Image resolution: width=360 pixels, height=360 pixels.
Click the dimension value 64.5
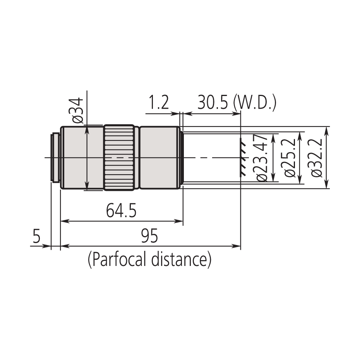point(121,211)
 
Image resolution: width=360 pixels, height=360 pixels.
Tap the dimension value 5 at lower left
point(36,236)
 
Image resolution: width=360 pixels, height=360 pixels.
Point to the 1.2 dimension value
point(159,104)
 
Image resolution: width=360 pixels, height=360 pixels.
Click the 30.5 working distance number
point(213,104)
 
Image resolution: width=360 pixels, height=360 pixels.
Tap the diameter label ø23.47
point(262,158)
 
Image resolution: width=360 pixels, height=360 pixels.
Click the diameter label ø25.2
point(290,158)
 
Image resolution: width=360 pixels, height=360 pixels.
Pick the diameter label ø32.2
point(317,158)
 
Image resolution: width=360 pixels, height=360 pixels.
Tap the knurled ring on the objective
point(120,158)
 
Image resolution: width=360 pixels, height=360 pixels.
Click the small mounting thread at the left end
point(55,158)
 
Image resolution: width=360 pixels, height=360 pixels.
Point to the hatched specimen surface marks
point(242,158)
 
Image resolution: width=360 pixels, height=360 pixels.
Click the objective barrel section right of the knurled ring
point(159,158)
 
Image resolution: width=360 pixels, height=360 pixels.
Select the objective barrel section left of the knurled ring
point(81,158)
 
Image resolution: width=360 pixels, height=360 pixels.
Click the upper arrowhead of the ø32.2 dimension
point(327,130)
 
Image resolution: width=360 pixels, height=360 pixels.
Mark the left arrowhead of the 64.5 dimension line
point(65,221)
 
